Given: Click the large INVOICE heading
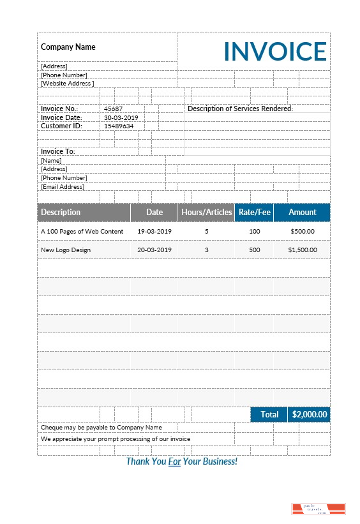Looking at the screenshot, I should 275,51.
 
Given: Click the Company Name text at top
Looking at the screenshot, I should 68,47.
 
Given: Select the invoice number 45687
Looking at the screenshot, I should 113,109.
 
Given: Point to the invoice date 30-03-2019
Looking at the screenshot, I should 121,117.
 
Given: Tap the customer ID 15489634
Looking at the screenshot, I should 119,126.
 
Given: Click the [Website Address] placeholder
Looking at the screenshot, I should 67,83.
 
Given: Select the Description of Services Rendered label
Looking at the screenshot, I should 240,109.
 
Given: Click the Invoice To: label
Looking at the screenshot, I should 58,151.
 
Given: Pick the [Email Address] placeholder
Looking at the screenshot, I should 63,187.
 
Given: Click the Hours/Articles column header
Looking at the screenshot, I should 206,213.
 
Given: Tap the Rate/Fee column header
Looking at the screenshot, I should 254,213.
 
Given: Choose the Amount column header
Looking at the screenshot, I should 302,213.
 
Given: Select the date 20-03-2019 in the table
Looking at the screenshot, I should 154,250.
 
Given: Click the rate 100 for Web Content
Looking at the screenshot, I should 255,231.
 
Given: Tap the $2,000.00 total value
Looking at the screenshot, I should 310,414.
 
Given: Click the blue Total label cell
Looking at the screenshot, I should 269,414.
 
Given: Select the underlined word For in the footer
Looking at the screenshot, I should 175,461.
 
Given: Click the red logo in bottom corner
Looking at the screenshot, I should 319,509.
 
